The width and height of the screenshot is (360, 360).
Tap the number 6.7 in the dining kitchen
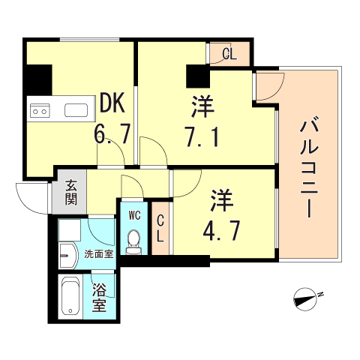[x=112, y=135]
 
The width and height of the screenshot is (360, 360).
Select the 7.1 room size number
[x=201, y=136]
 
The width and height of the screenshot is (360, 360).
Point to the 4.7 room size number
[x=223, y=228]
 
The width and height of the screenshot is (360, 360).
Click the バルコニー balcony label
[x=308, y=167]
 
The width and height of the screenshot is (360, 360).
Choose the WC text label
[x=135, y=215]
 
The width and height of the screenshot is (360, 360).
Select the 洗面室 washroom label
[x=98, y=254]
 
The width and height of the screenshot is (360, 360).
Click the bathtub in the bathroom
[x=71, y=298]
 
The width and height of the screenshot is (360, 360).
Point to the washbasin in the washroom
[x=67, y=255]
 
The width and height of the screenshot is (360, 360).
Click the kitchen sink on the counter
[x=76, y=112]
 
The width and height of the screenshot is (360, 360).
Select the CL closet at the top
[x=229, y=53]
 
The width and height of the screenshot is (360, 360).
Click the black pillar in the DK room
[x=38, y=78]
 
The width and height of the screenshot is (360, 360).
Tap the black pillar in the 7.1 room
[x=197, y=76]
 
